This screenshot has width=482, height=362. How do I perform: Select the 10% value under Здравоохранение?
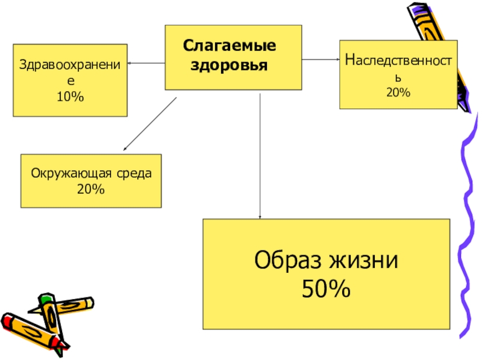point(70,97)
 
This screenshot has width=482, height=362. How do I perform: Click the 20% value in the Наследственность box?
point(398,92)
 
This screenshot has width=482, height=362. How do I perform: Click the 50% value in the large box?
point(326,291)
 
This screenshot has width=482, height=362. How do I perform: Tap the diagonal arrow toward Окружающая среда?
point(150,124)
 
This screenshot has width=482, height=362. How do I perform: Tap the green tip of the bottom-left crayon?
point(46,299)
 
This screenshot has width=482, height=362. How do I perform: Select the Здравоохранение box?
point(70,80)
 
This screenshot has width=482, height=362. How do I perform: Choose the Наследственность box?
point(398,74)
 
